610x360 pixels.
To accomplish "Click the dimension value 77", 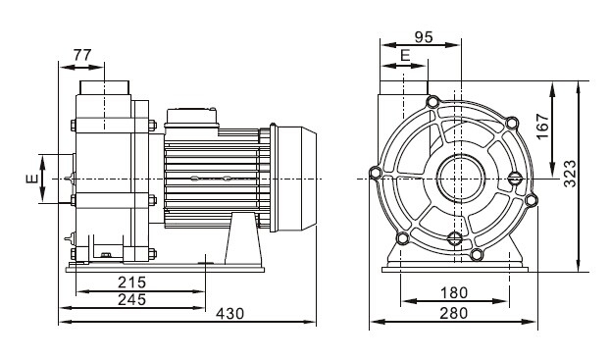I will [x=82, y=54].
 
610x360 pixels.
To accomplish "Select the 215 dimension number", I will [x=132, y=281].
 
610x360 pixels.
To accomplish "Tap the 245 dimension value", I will [x=132, y=299].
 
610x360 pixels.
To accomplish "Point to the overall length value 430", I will [x=229, y=314].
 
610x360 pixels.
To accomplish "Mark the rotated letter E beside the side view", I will [x=31, y=179].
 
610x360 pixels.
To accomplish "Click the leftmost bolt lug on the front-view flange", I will [x=375, y=175].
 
